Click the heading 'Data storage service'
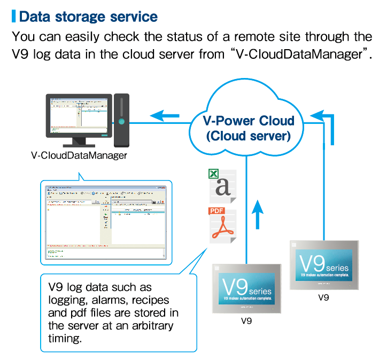point(88,16)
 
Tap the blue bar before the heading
point(13,16)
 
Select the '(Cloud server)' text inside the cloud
point(248,136)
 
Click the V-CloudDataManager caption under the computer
point(79,156)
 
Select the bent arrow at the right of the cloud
point(328,126)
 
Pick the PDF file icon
point(221,225)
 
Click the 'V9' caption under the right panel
point(323,298)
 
